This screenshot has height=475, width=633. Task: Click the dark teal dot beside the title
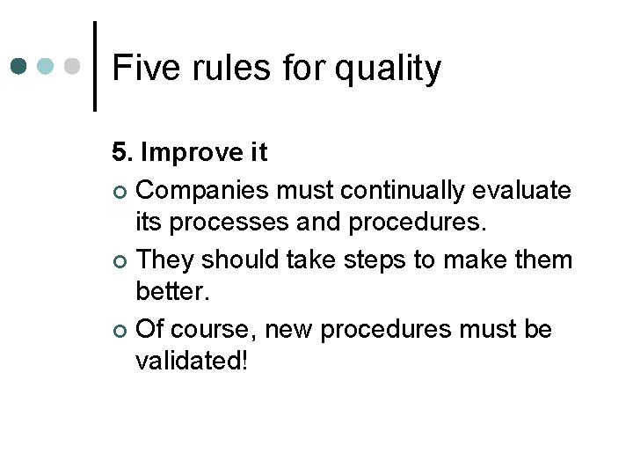click(19, 67)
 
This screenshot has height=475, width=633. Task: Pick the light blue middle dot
click(46, 67)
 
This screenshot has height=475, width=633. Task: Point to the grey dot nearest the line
click(73, 67)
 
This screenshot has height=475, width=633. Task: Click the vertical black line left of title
click(94, 66)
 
